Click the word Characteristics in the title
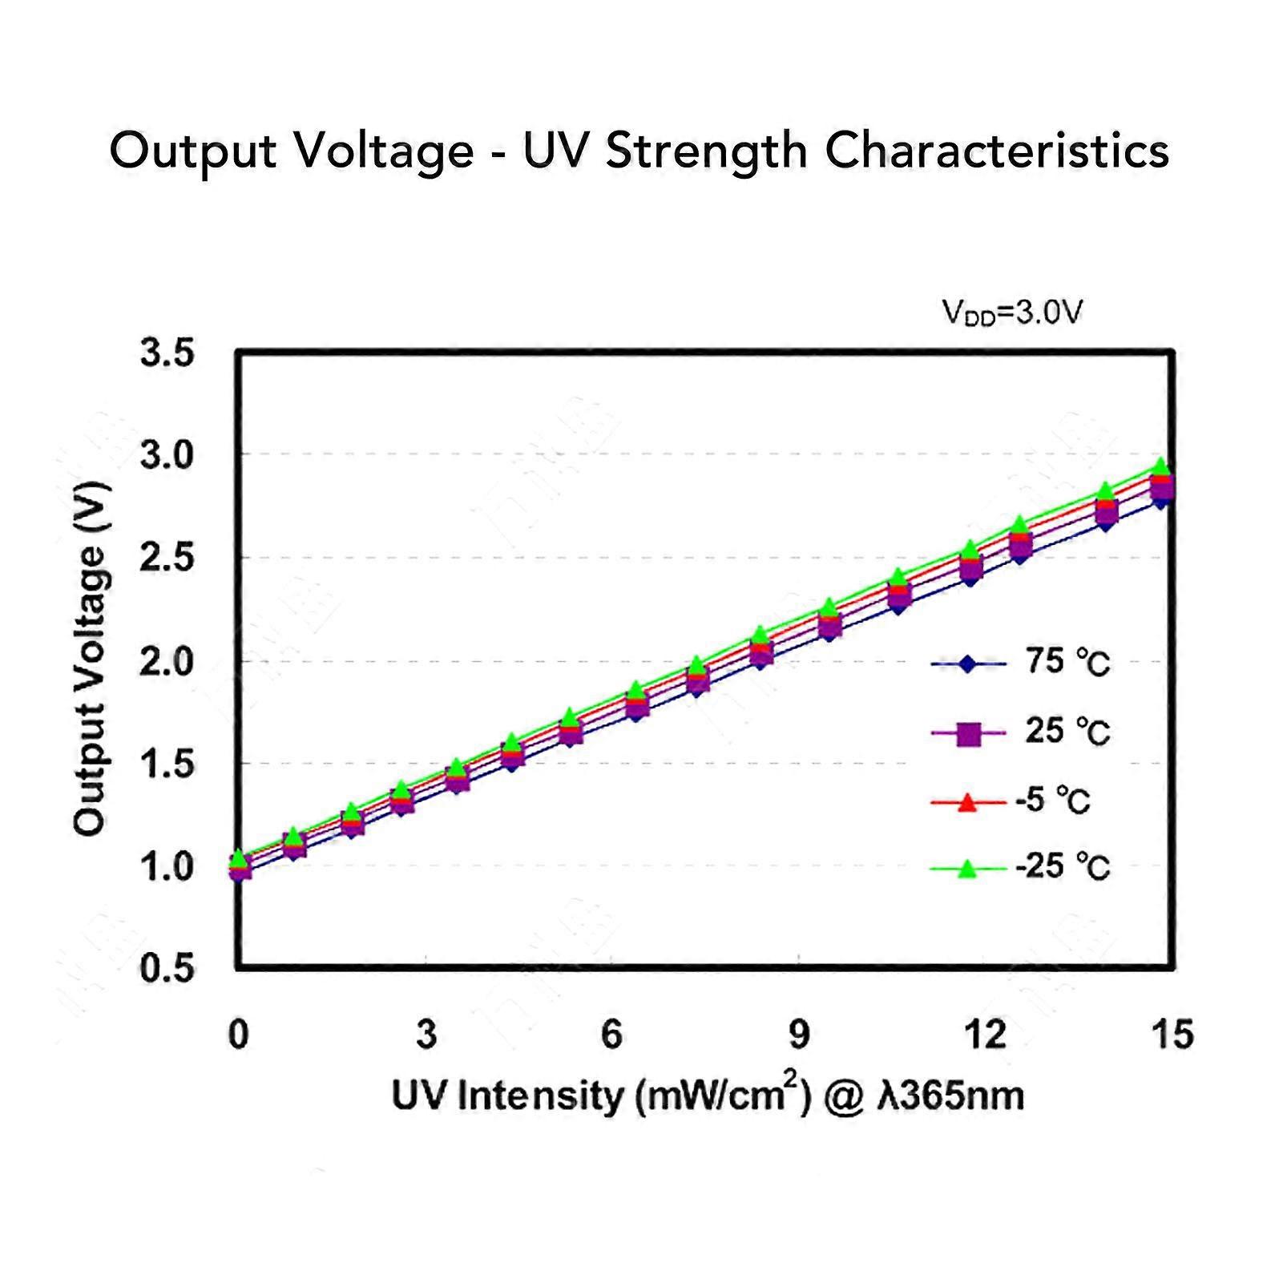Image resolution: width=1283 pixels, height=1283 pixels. pos(997,151)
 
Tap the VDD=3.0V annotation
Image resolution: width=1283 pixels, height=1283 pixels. pos(1012,313)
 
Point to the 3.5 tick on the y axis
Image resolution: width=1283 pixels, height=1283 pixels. pos(167,353)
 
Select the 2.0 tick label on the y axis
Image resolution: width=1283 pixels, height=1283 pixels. pos(167,662)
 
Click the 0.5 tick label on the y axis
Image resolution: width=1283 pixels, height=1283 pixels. pos(167,970)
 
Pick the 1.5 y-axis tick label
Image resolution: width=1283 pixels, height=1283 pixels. pos(167,765)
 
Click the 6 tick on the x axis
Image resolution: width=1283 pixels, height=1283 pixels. pos(611,1035)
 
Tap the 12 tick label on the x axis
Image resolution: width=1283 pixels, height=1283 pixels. pos(985,1035)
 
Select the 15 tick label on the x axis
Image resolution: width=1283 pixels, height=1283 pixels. pos(1172,1035)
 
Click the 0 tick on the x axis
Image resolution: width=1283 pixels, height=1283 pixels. pos(238,1035)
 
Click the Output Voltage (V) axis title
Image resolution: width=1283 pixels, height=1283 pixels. pos(90,659)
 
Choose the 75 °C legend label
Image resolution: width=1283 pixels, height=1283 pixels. pos(1067,663)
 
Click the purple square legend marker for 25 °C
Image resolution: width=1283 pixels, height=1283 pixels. pos(969,733)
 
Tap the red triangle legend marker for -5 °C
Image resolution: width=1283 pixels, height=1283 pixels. pos(968,801)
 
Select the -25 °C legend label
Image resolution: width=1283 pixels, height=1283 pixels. pos(1063,867)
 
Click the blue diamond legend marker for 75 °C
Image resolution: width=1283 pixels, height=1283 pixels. pos(968,664)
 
